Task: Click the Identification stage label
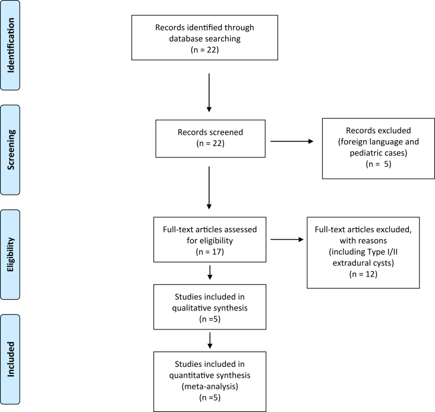(x=10, y=45)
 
